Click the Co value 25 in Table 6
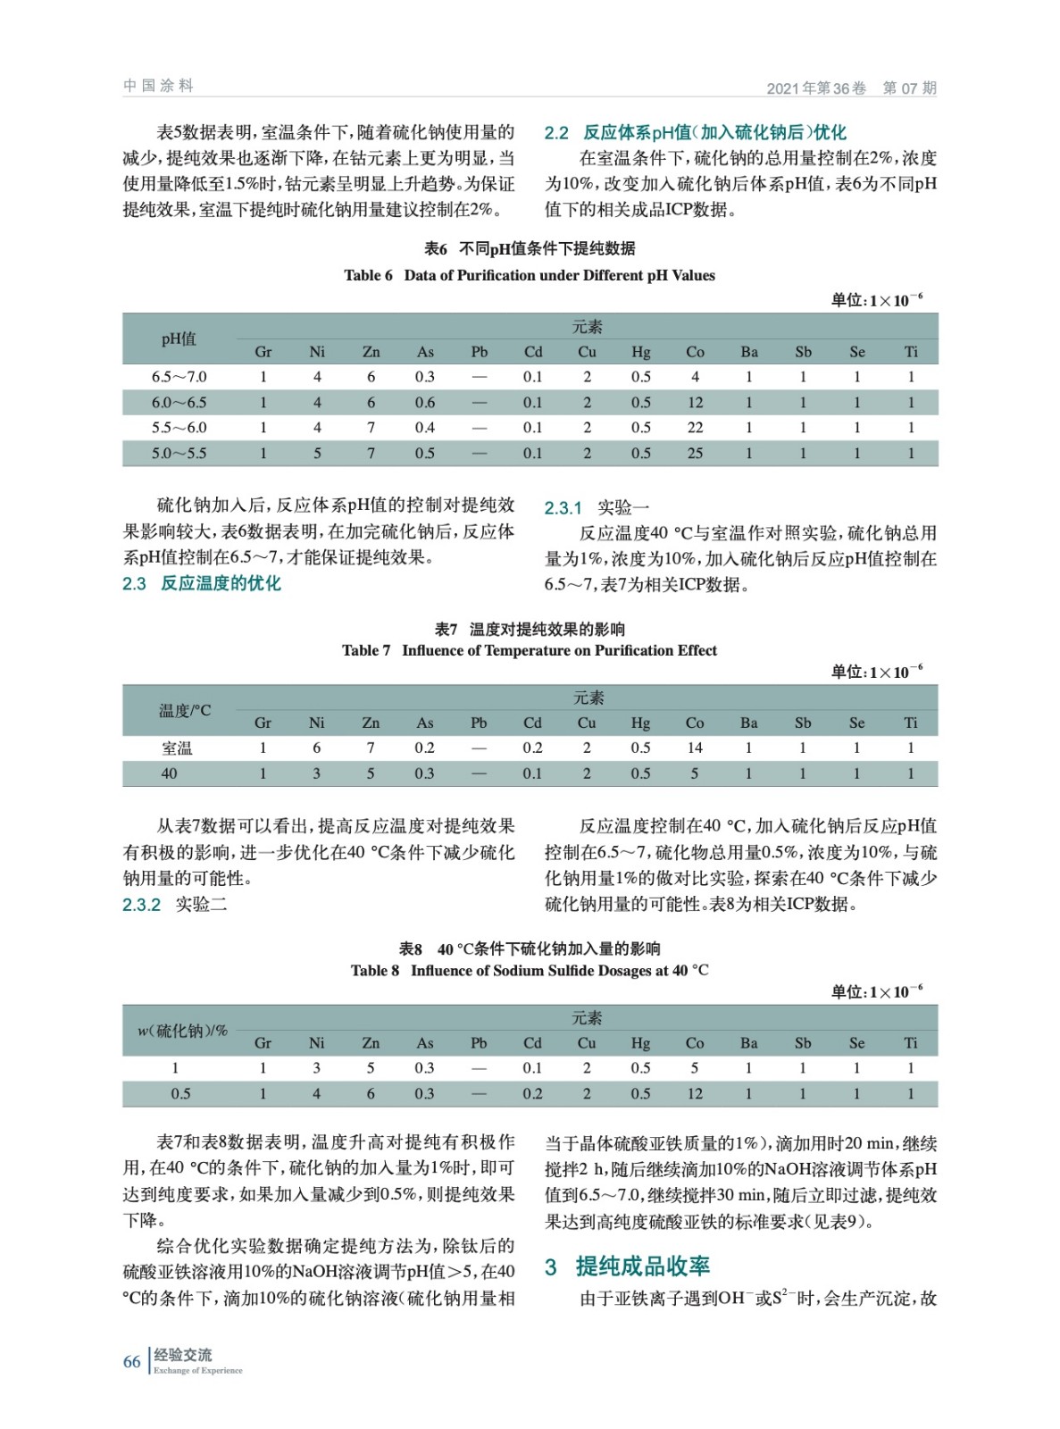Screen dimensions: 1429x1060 pos(695,453)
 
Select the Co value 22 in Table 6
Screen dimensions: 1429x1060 pos(695,428)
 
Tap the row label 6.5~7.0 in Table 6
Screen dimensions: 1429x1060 pos(179,377)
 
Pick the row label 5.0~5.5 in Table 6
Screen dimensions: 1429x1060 pos(179,453)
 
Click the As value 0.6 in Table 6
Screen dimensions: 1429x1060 pos(425,403)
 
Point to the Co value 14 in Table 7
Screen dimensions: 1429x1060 pos(695,748)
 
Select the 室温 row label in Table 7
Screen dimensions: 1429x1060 pos(177,748)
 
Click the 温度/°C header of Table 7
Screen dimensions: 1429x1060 pos(185,711)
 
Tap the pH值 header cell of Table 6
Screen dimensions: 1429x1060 pos(179,339)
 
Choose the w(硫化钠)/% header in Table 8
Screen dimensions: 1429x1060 pos(183,1031)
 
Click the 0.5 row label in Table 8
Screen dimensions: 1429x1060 pos(180,1093)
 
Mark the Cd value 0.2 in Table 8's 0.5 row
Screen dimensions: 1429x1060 pos(532,1093)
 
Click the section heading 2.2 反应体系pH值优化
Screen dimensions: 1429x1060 pos(696,133)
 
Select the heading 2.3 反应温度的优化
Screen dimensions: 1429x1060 pos(202,583)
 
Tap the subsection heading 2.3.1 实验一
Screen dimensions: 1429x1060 pos(597,507)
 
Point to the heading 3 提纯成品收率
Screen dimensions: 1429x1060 pos(628,1266)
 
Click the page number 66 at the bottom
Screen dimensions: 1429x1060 pos(132,1361)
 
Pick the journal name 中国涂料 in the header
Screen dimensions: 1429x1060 pos(158,86)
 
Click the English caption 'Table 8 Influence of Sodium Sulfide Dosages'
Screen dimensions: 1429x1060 pos(530,970)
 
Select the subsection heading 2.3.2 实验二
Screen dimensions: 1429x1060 pos(175,904)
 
